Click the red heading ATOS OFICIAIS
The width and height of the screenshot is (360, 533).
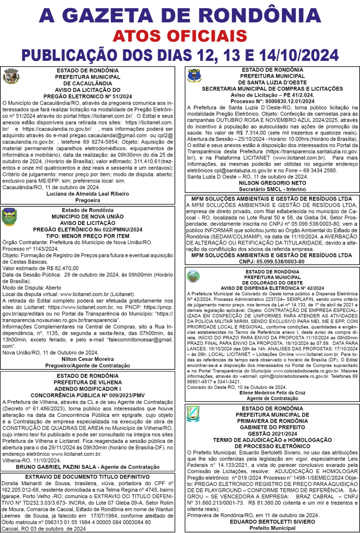pos(180,36)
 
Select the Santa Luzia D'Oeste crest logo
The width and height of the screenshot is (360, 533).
pos(195,76)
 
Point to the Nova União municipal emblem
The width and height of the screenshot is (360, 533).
pos(9,217)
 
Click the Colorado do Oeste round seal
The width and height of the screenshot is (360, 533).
pos(193,276)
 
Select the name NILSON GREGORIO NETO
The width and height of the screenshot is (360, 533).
pos(272,182)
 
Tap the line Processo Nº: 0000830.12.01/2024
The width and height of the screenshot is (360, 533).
pos(272,101)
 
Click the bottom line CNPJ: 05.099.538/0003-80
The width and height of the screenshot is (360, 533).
pos(272,261)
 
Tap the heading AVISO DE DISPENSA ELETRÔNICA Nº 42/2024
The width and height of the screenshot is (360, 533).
pos(272,288)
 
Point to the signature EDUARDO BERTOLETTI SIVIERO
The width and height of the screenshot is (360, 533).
pos(272,521)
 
